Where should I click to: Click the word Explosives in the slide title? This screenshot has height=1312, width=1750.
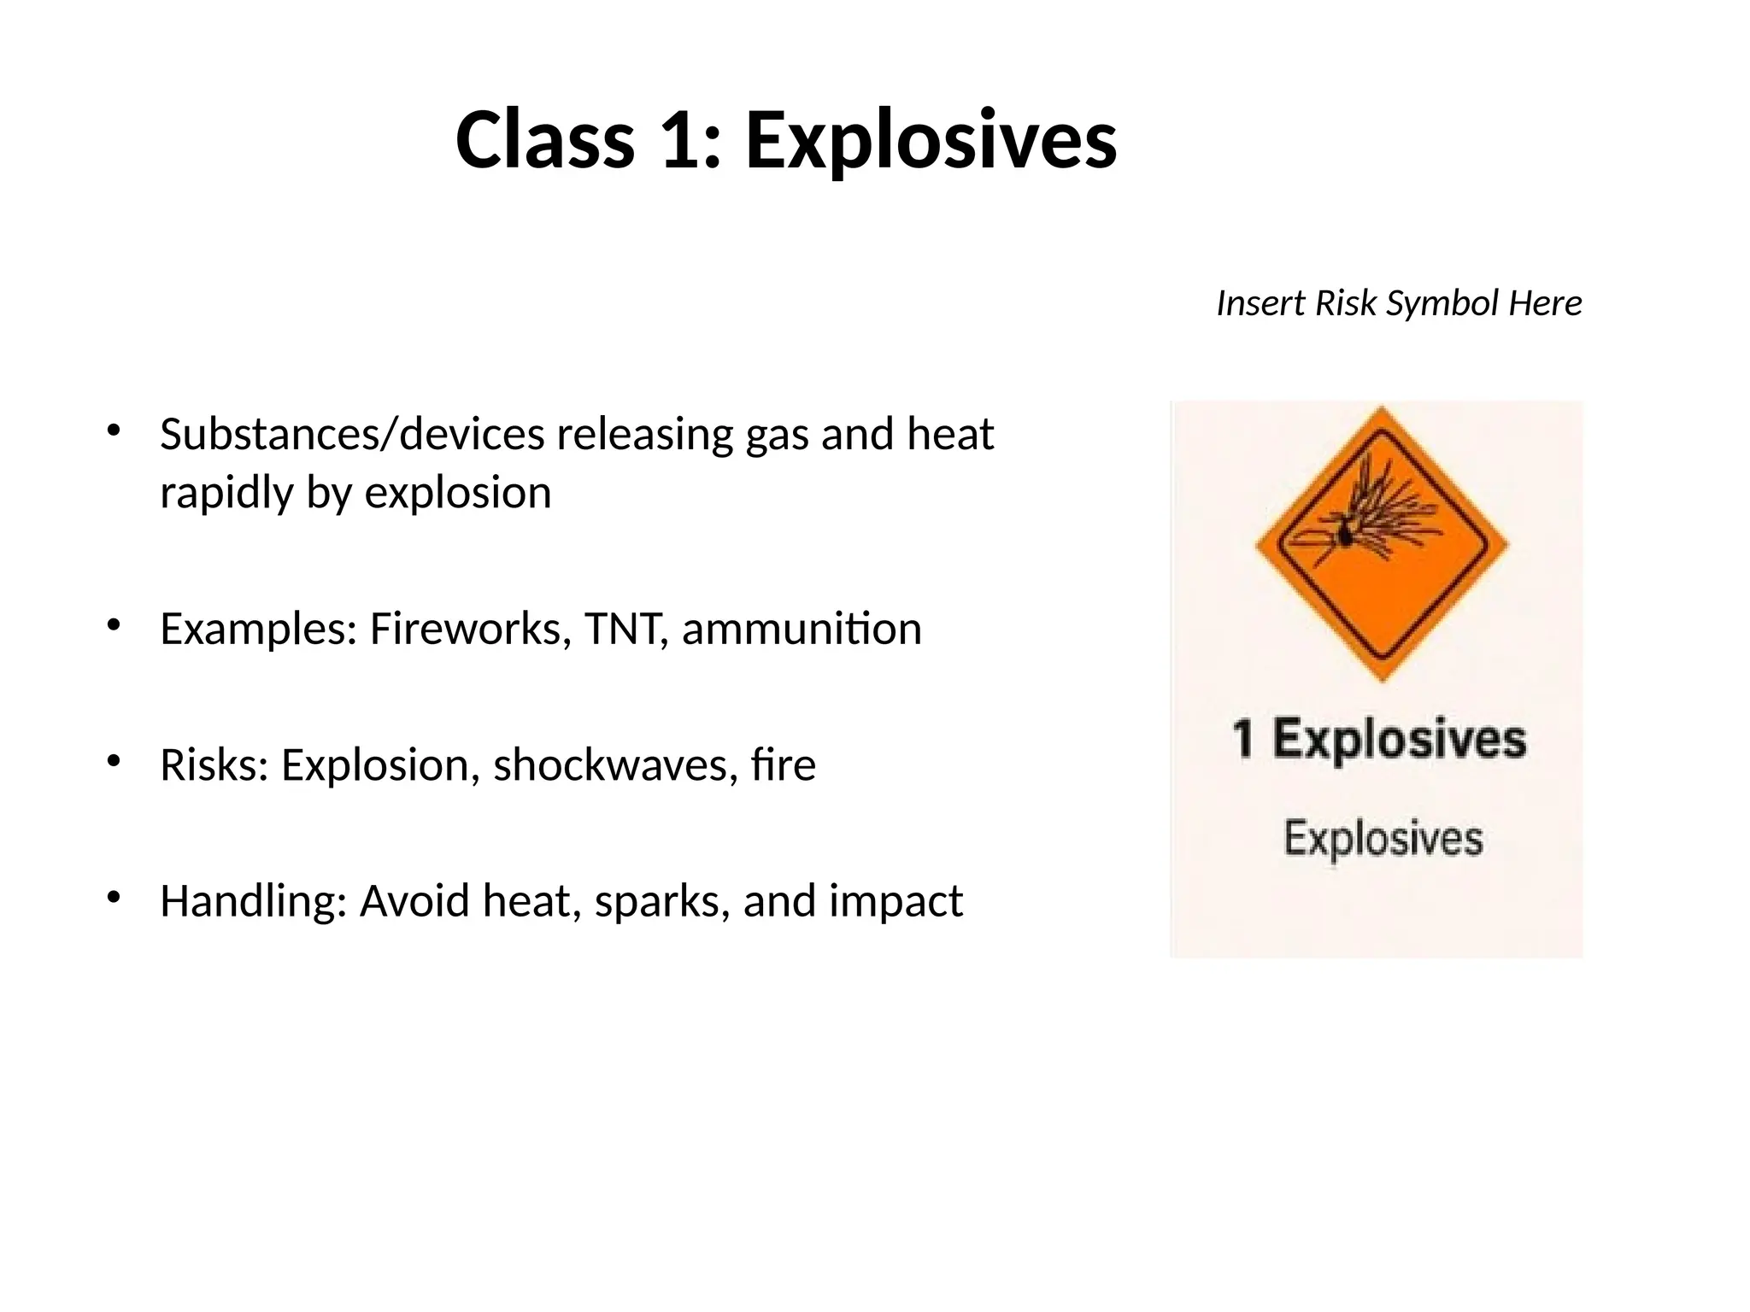(x=931, y=140)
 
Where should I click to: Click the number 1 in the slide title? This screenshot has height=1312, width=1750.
(x=681, y=140)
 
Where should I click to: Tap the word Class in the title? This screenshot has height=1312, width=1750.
(x=544, y=140)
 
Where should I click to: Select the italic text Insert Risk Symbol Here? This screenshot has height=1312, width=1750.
(x=1399, y=303)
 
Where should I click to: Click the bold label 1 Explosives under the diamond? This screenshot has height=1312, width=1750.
(x=1378, y=739)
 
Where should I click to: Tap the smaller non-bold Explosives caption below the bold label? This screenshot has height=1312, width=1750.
(x=1383, y=838)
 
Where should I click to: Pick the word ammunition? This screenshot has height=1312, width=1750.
(x=802, y=630)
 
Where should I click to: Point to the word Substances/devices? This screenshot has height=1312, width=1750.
(x=352, y=435)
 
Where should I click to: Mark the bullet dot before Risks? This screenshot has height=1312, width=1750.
(x=114, y=759)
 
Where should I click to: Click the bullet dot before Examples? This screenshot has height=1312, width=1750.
(x=114, y=624)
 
